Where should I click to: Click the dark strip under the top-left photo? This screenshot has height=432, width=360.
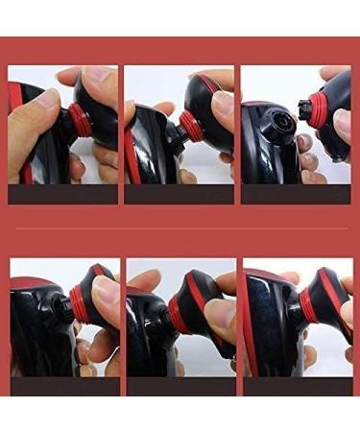pos(62,194)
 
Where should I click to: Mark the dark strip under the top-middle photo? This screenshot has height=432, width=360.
pos(179,194)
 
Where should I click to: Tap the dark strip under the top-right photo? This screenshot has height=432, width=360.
pos(295,194)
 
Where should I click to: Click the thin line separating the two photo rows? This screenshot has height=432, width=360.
pos(180,228)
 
